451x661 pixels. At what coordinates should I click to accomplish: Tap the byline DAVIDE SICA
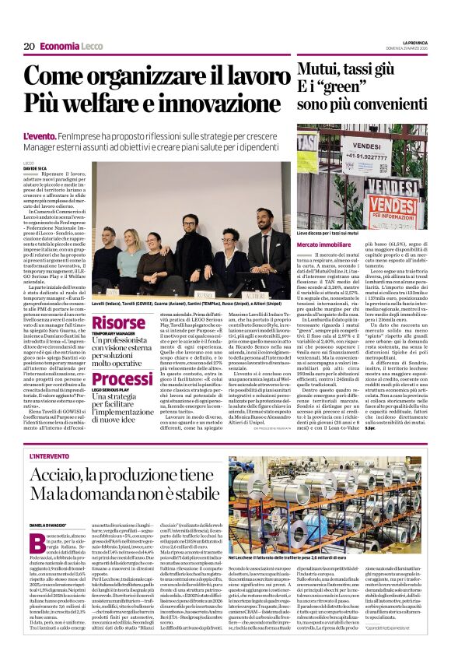(x=36, y=167)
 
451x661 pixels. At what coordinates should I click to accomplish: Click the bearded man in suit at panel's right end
(x=260, y=257)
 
